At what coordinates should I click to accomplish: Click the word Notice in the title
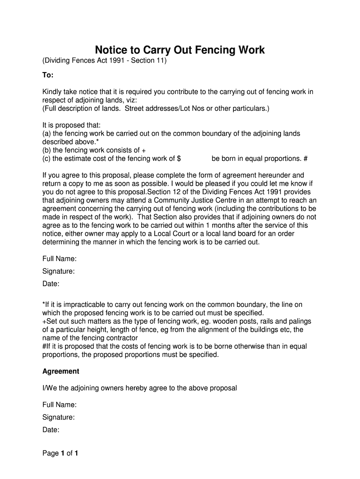coord(113,50)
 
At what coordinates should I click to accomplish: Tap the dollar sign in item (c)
coord(179,159)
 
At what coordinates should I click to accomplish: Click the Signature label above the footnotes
coord(58,271)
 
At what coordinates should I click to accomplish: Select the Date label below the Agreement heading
coord(51,430)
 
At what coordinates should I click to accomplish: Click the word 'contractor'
coord(121,338)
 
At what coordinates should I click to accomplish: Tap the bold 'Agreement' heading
coord(61,371)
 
